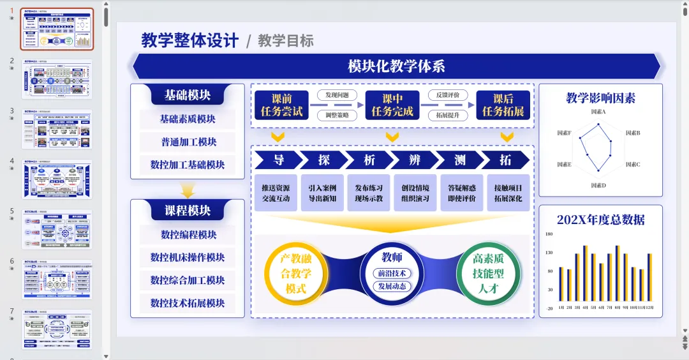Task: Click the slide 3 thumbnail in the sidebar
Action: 57,130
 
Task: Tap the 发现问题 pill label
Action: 337,96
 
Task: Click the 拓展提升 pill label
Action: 448,116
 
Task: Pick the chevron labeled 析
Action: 369,160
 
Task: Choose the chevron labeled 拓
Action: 506,160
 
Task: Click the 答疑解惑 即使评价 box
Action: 462,193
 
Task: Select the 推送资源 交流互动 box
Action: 276,193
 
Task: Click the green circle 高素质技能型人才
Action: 488,274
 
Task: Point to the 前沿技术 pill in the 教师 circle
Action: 392,273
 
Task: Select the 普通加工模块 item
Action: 188,142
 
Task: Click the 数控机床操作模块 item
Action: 188,257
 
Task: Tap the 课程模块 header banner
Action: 188,211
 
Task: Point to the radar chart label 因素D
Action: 598,186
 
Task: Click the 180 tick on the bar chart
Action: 549,234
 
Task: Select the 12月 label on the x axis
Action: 649,307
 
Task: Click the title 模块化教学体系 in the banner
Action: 396,66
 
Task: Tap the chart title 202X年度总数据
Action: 600,220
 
